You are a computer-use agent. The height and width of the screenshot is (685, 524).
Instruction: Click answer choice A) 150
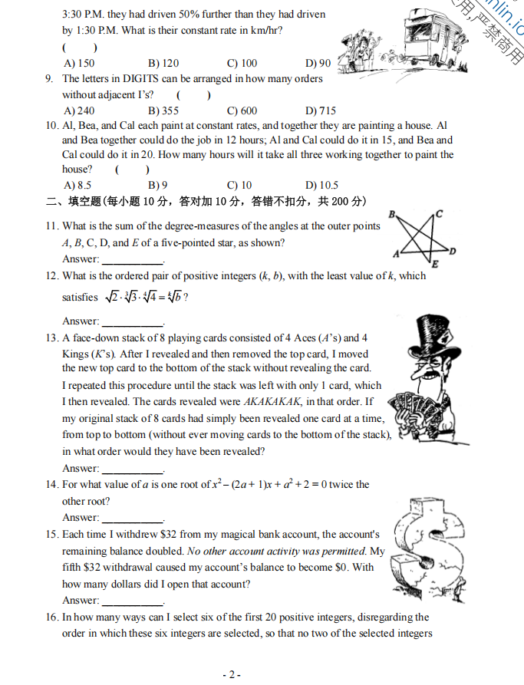(80, 64)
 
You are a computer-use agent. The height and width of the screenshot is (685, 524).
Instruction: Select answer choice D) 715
(321, 110)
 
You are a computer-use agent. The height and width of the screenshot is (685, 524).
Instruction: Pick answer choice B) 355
(163, 110)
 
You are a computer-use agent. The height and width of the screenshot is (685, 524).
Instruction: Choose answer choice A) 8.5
(78, 185)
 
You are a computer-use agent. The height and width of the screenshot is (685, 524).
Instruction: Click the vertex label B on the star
(393, 214)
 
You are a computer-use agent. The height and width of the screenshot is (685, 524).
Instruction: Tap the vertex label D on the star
(453, 251)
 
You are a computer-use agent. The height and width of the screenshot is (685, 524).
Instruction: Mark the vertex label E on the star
(434, 265)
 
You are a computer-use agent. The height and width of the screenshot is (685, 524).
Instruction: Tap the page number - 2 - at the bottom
(232, 674)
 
